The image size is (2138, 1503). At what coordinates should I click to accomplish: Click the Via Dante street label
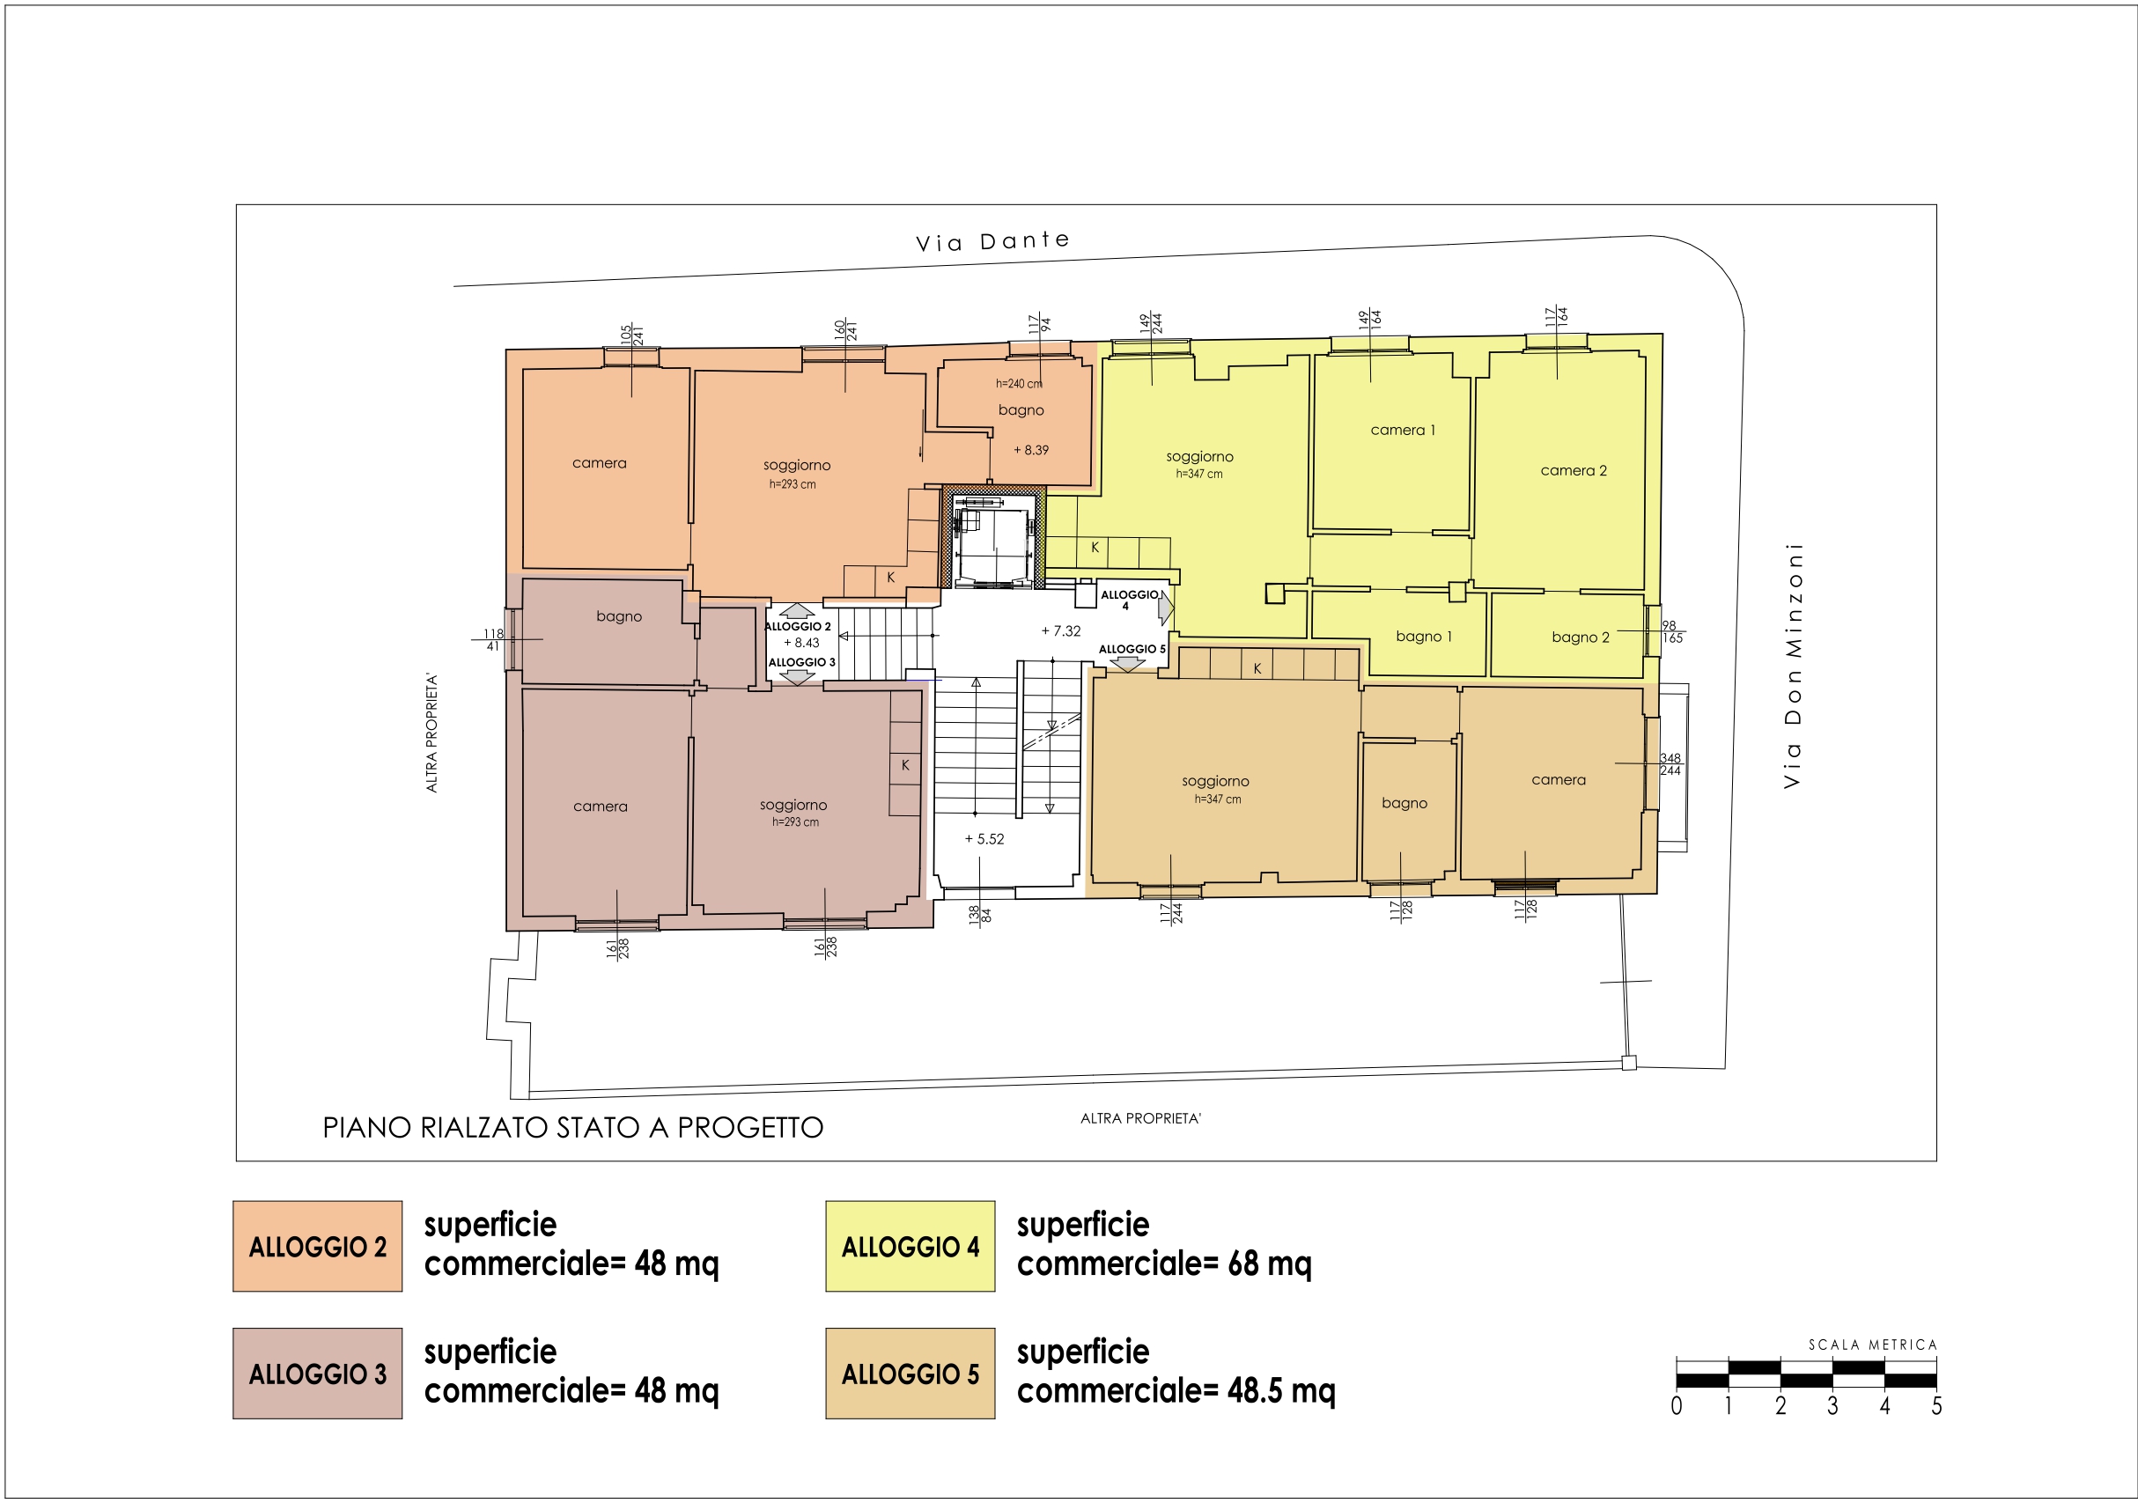(992, 241)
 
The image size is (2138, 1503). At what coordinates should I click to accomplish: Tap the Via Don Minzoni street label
(1793, 666)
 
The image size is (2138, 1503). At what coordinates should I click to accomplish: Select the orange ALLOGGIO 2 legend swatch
(318, 1246)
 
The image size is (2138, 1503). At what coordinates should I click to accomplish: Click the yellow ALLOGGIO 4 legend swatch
(910, 1246)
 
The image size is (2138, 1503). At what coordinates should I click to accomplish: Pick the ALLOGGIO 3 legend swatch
(318, 1374)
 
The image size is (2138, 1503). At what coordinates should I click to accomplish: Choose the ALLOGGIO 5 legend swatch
(910, 1374)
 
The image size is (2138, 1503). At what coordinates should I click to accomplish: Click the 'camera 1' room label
(1403, 431)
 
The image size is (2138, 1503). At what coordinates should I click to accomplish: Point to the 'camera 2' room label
(1574, 470)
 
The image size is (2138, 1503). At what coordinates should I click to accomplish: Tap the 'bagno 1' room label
(1424, 636)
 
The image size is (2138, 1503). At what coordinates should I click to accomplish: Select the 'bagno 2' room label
(1581, 637)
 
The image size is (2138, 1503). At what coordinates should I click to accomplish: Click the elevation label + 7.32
(1060, 630)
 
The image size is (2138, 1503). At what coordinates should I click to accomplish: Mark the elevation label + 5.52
(984, 839)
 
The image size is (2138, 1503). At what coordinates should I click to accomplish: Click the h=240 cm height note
(1019, 384)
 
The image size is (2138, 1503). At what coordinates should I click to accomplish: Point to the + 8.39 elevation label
(1031, 450)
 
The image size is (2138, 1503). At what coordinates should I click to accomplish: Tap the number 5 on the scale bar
(1936, 1406)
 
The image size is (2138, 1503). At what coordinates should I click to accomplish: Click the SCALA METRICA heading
(1873, 1345)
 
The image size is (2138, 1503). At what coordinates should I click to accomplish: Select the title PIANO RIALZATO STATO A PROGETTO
(572, 1128)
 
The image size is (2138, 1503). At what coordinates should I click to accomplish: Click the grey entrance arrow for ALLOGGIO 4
(1166, 609)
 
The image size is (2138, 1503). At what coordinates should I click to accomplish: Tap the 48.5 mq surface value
(1281, 1390)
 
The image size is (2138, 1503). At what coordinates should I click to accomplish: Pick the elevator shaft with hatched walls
(993, 537)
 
